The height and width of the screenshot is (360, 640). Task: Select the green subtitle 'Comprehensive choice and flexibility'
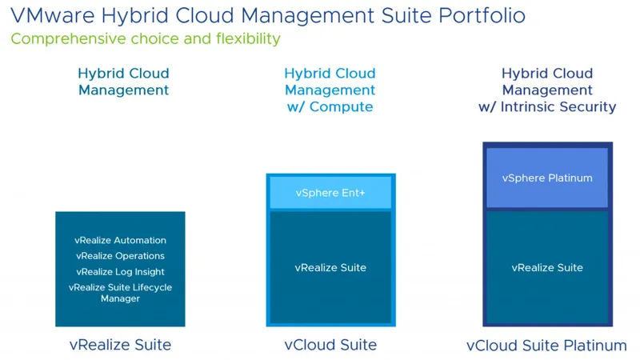(x=146, y=39)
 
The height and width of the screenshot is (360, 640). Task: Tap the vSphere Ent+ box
(x=330, y=193)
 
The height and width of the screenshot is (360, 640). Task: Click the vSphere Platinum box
(x=547, y=178)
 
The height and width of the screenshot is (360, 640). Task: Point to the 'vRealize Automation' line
(x=121, y=240)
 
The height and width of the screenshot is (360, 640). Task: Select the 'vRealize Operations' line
(x=121, y=256)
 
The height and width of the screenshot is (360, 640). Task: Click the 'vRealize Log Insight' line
(x=121, y=272)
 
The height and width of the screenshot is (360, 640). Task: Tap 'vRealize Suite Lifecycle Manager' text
(x=121, y=293)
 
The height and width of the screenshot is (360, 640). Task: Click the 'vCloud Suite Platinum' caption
(x=547, y=346)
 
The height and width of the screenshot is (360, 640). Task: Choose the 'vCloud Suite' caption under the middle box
(x=330, y=346)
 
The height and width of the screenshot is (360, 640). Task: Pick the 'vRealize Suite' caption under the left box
(x=120, y=346)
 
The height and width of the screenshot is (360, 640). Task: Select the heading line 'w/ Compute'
(x=330, y=107)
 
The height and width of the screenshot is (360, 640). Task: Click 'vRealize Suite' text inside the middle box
(x=330, y=267)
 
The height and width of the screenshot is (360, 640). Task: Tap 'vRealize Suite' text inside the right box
(x=547, y=267)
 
